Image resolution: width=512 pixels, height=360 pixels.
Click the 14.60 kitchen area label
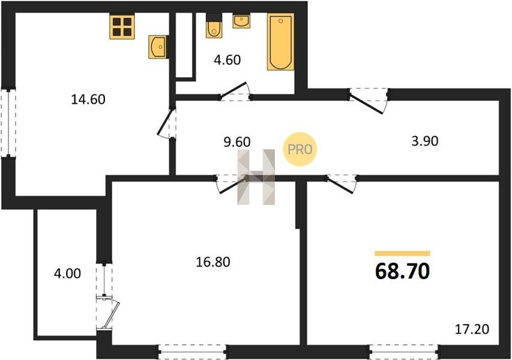point(88,99)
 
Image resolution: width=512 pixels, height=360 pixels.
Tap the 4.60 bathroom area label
point(227,60)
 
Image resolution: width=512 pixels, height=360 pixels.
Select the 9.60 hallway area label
point(237,142)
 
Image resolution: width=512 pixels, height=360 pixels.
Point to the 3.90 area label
point(424,141)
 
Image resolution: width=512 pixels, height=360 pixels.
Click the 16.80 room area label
point(213,262)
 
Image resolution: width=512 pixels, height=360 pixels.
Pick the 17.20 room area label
point(472,329)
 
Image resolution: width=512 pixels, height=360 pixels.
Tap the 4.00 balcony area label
point(67,274)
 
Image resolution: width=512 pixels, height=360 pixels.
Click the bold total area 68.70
point(402,271)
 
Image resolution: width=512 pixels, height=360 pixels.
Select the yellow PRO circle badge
point(300,149)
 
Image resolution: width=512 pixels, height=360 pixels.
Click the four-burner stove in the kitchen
point(122,27)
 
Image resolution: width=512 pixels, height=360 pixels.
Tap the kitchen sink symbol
point(158,47)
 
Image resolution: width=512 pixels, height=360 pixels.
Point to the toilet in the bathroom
point(214,26)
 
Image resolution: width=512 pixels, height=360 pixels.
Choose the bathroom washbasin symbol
point(241,21)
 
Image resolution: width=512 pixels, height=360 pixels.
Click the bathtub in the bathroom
point(280,41)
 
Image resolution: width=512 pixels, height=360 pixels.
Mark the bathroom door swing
point(235,91)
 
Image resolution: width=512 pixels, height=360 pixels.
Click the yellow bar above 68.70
point(402,253)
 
